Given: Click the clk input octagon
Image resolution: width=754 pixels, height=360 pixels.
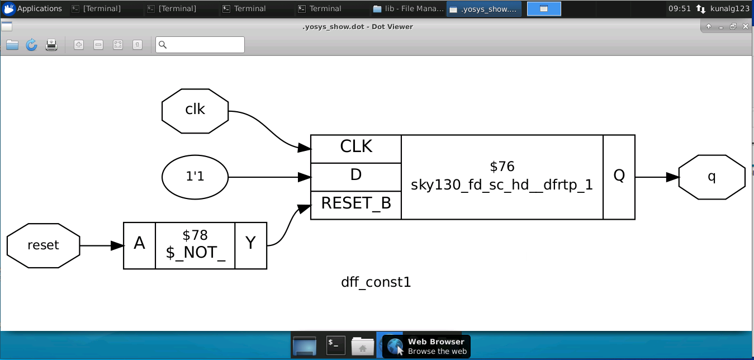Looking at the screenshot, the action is coord(195,111).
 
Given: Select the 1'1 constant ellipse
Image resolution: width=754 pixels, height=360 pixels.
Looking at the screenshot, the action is coord(195,177).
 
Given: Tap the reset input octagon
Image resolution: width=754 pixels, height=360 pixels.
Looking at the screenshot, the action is coord(44,245).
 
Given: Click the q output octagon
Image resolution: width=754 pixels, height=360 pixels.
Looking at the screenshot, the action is coord(712,177).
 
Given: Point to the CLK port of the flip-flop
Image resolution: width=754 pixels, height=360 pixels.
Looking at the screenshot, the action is coord(356,149).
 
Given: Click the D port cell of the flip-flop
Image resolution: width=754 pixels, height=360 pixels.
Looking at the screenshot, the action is coord(356,177).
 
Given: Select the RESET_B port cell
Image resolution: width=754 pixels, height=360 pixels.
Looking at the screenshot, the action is coord(356,205).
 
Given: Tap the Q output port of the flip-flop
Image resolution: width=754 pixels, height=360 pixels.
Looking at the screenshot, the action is coord(619,177).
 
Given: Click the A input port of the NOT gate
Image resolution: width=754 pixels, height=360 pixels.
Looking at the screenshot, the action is coord(139,245).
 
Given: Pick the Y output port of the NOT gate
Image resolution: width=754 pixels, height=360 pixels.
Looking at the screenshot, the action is coord(251,245).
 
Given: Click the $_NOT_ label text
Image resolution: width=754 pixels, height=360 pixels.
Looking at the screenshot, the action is coord(195,253).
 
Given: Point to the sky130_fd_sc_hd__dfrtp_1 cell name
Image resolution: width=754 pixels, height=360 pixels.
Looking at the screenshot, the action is coord(501,185).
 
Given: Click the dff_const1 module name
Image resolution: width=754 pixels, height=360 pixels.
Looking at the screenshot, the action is coord(376,282).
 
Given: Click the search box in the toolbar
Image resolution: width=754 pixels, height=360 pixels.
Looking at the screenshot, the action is coord(200,45).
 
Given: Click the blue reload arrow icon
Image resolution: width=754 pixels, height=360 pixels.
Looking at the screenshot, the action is coord(32,45).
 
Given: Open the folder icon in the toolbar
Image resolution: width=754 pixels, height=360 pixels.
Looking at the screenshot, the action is coord(12,45).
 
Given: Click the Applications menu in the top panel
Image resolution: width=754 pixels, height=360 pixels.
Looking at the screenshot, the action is coord(32,9).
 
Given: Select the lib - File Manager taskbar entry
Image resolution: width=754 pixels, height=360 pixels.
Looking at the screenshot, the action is coord(409,9).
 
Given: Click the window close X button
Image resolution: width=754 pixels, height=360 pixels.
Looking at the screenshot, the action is coord(746,26).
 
